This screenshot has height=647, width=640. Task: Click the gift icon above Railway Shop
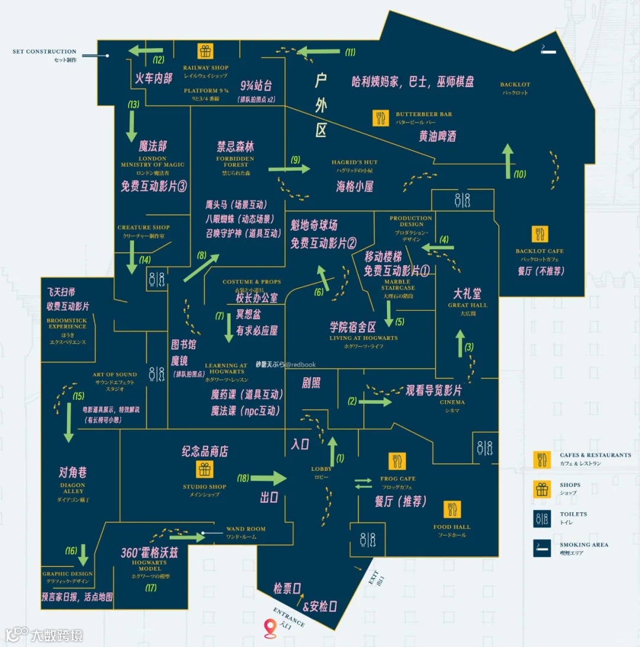[x=205, y=52]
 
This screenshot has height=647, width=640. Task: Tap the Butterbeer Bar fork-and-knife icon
[x=380, y=118]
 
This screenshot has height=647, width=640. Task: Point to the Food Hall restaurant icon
[x=452, y=510]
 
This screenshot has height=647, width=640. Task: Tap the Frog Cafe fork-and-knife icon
[x=397, y=461]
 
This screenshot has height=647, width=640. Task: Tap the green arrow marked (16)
[x=84, y=555]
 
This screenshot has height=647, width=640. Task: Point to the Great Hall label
[x=468, y=305]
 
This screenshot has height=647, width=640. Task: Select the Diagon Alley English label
[x=73, y=488]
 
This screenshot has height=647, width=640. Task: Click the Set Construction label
[x=44, y=52]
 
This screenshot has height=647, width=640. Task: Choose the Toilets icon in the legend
[x=542, y=518]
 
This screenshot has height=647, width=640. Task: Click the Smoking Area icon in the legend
[x=542, y=548]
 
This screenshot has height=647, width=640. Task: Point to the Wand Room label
[x=246, y=529]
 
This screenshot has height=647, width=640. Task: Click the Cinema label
[x=452, y=402]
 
